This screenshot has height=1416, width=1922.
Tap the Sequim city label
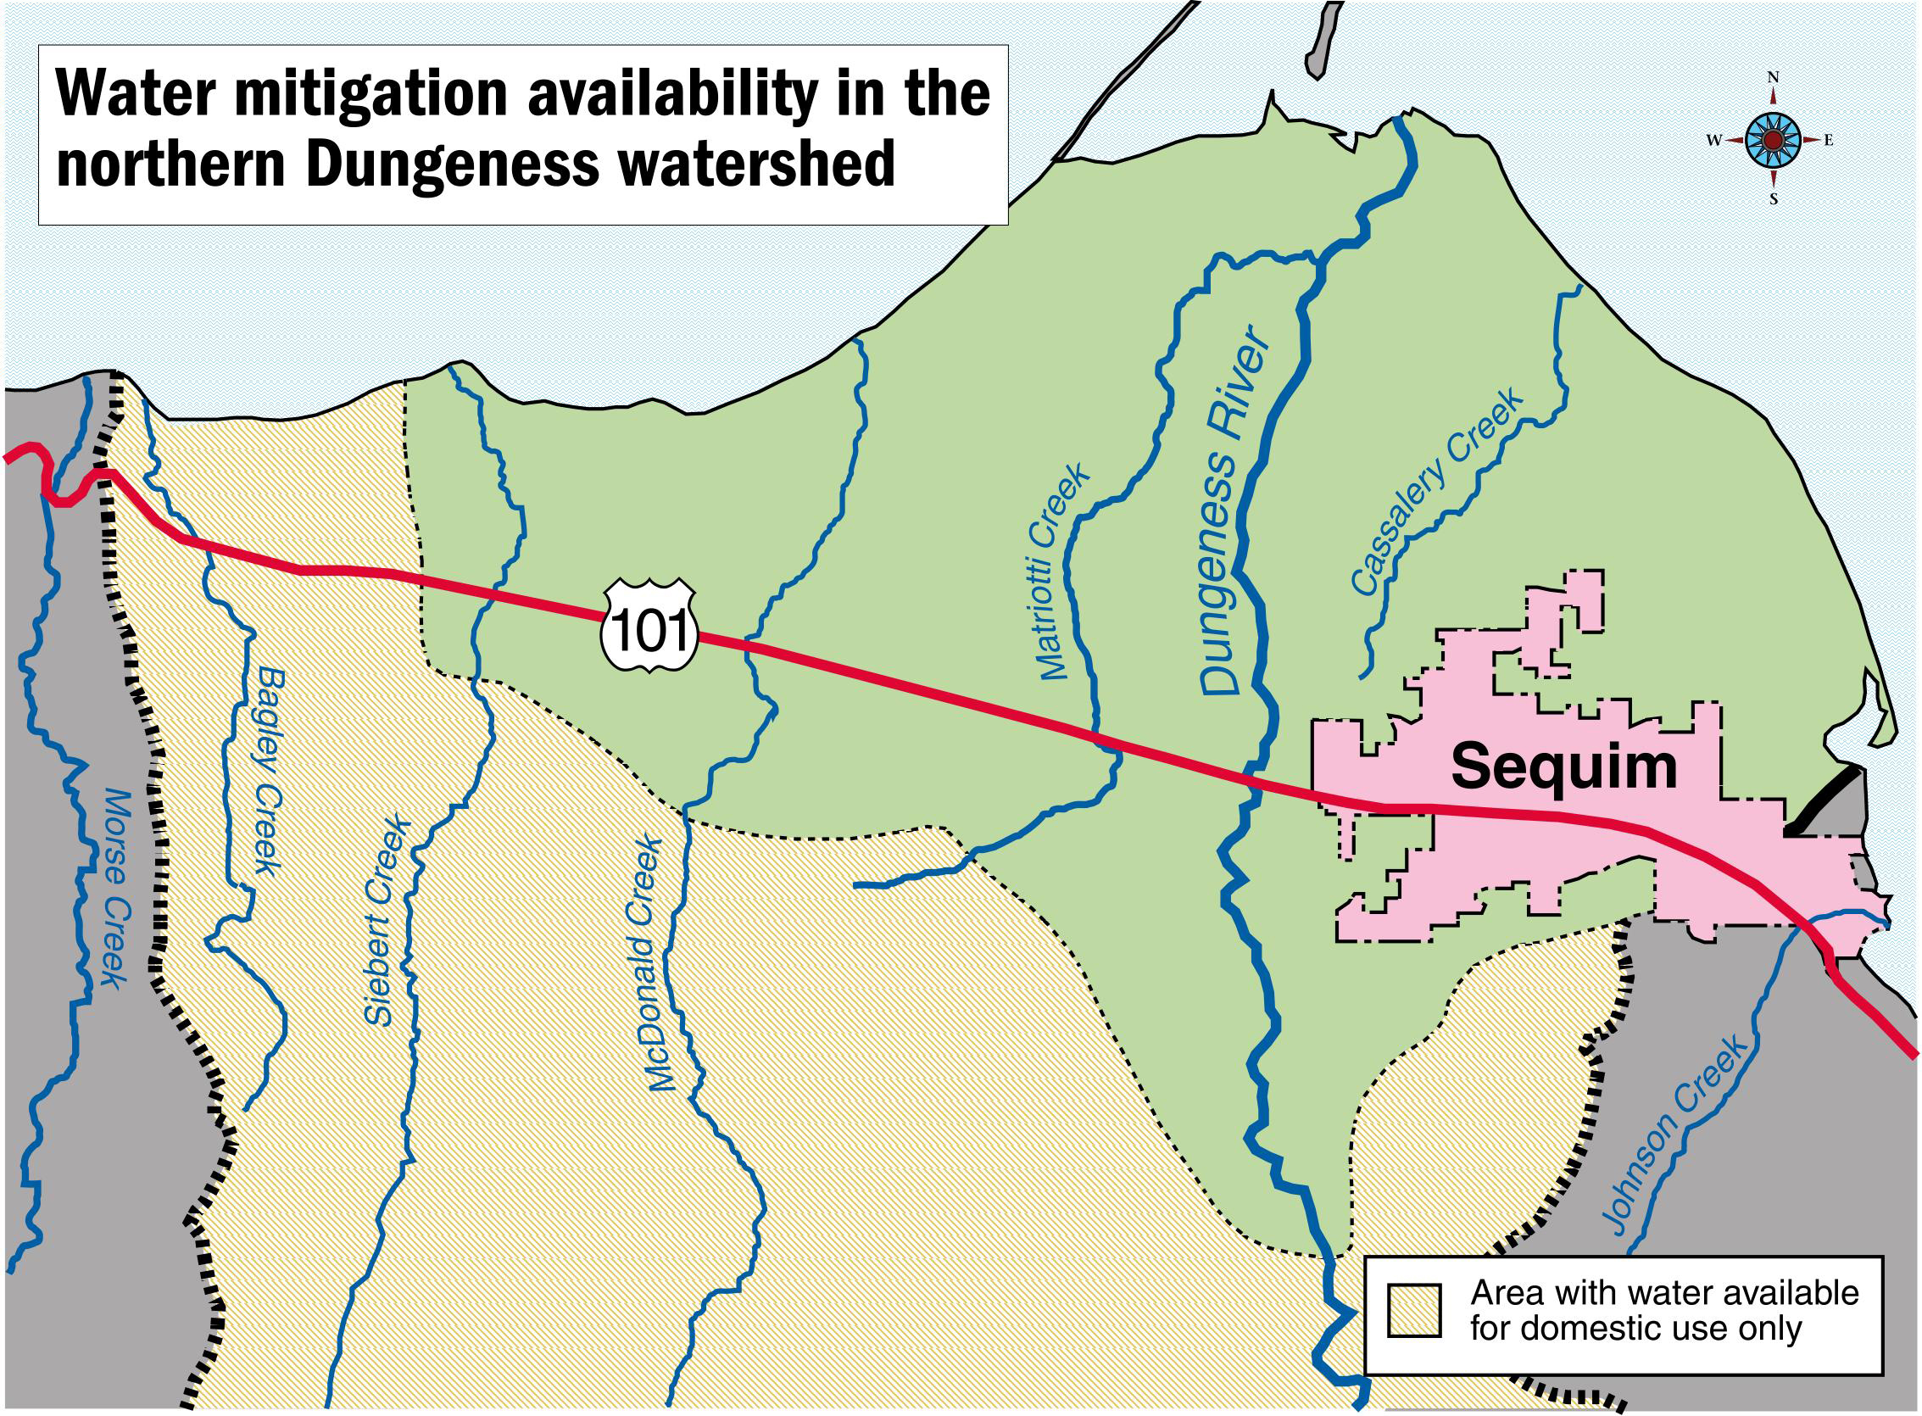(1563, 767)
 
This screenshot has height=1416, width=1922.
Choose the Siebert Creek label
(385, 923)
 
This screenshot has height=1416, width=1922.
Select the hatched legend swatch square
(1415, 1309)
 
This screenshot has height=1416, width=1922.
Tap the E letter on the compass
(1828, 141)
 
